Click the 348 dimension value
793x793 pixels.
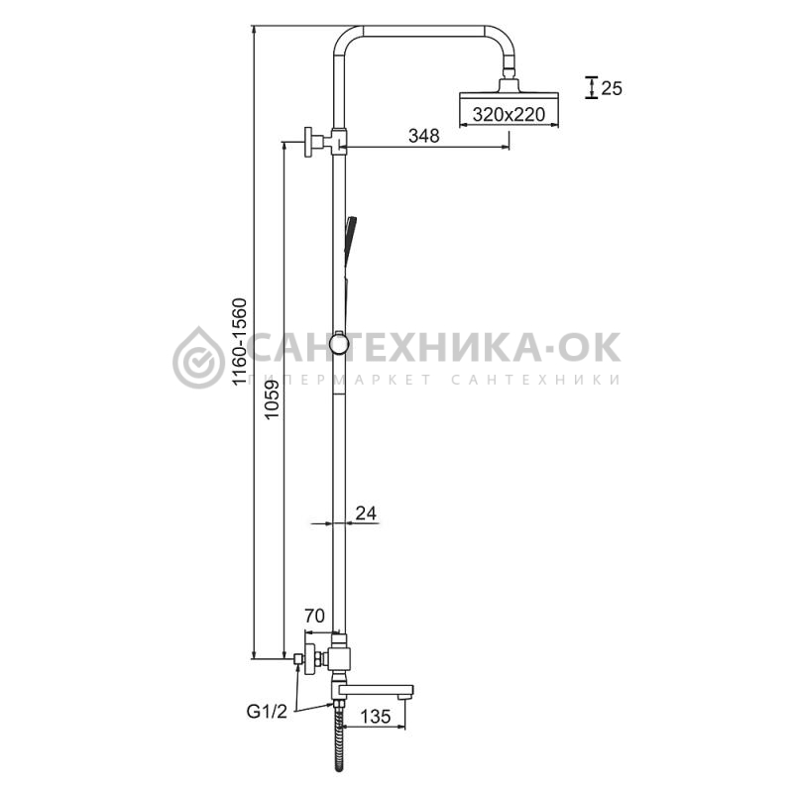pos(424,136)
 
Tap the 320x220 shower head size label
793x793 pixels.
pos(509,114)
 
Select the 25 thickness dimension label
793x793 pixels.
pos(612,88)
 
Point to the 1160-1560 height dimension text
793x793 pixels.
pos(239,342)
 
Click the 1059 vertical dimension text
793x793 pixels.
pos(272,399)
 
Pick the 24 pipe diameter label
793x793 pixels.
pos(366,513)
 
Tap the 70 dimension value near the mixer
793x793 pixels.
pos(314,616)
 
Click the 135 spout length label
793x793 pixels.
pos(376,716)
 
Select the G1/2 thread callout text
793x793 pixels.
pos(267,712)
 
